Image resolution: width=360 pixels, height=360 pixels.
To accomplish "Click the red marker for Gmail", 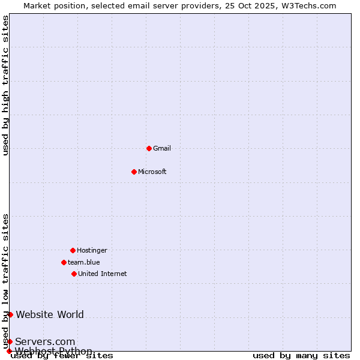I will (x=149, y=148).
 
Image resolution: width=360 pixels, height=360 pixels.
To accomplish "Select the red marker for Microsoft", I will (x=134, y=172).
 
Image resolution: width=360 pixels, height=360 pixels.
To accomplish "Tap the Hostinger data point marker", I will (x=73, y=250).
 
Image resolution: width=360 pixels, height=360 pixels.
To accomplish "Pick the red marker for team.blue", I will (x=64, y=262).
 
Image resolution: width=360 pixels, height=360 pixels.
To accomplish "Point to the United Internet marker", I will (x=74, y=274).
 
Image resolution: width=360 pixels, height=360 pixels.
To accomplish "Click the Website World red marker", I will (x=10, y=314).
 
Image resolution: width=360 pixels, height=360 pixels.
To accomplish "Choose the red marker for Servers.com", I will (x=10, y=341).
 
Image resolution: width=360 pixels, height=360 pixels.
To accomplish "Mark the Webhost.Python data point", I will (x=9, y=351).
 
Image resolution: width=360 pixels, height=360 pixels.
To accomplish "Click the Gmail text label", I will (x=162, y=148).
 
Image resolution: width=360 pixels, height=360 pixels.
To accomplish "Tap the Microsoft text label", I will (x=152, y=172).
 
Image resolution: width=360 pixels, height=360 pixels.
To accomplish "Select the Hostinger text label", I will (x=92, y=250).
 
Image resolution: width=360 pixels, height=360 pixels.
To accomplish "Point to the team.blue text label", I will (x=84, y=262).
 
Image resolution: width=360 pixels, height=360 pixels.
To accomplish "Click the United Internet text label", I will (x=103, y=274).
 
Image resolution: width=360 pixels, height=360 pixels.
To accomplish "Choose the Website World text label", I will (x=50, y=314).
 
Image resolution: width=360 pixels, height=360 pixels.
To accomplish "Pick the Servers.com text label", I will (x=45, y=341).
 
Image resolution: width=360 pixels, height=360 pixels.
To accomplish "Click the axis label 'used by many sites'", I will (x=301, y=356).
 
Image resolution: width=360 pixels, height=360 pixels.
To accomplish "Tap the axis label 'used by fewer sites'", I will (x=62, y=356).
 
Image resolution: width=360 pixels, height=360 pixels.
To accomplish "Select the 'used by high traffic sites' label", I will (x=6, y=85).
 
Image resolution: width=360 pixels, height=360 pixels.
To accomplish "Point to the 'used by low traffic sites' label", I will (x=6, y=281).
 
